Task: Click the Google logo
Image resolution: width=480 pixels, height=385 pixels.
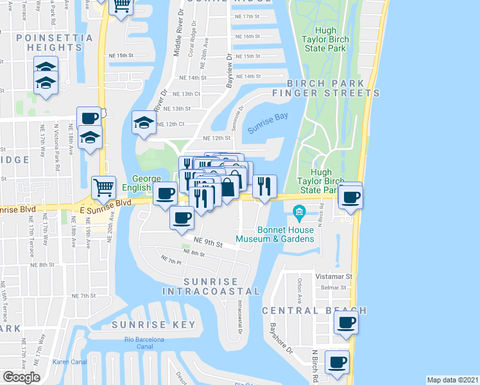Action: tap(21, 377)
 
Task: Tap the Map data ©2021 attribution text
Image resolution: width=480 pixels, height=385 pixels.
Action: tap(452, 380)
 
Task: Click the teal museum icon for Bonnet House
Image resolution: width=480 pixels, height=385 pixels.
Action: tap(298, 211)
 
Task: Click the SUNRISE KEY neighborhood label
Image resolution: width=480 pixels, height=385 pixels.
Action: tap(153, 325)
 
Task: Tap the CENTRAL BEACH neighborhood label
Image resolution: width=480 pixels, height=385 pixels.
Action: tap(314, 311)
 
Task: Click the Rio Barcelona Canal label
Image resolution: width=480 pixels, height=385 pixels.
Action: tap(145, 343)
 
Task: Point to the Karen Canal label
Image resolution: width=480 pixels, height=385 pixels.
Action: tap(69, 361)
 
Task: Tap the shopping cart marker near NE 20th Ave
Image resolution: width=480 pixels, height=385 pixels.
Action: tap(103, 187)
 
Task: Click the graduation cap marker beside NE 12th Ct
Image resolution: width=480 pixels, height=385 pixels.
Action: tap(144, 121)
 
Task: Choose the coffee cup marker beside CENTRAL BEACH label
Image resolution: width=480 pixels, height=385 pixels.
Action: tap(346, 322)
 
